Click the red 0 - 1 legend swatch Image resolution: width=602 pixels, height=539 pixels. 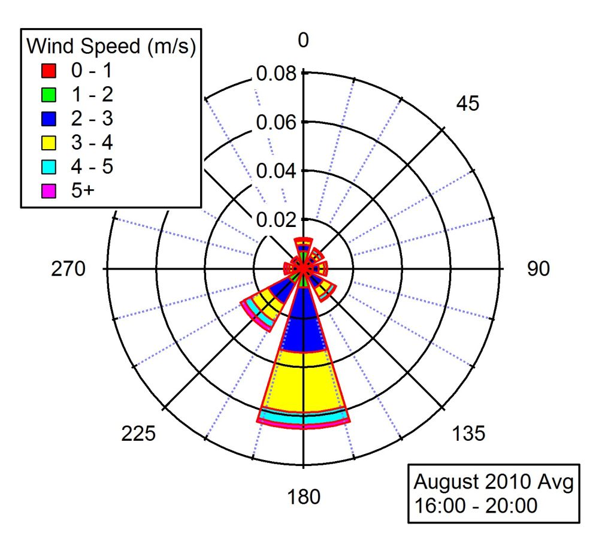tap(49, 71)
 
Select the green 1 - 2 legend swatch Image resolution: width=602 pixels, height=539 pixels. tap(49, 95)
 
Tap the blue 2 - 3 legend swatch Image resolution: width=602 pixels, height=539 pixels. tap(49, 119)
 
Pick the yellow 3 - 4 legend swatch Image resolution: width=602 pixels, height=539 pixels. tap(49, 143)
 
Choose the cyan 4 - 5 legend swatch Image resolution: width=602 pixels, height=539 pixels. tap(49, 166)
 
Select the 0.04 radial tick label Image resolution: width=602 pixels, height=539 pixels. tap(276, 171)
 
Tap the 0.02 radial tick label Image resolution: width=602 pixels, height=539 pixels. tap(276, 219)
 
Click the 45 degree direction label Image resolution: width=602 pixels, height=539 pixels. tap(468, 104)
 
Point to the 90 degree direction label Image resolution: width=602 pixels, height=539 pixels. tap(538, 269)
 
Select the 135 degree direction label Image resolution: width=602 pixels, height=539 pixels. tap(469, 434)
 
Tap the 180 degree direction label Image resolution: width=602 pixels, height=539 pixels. tap(304, 496)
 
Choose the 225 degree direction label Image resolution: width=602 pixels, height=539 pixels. tap(139, 434)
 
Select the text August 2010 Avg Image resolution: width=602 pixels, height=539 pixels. tap(494, 481)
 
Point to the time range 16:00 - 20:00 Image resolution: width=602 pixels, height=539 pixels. tap(476, 505)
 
